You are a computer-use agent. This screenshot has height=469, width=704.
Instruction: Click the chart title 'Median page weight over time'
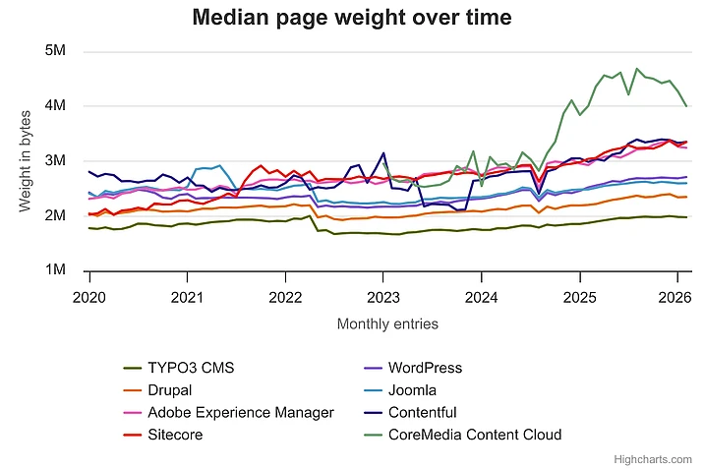point(352,17)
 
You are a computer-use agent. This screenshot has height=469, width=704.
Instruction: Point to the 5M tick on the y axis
point(57,50)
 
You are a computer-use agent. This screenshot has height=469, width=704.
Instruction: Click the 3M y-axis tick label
point(57,160)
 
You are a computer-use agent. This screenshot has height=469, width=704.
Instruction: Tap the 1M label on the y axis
point(57,270)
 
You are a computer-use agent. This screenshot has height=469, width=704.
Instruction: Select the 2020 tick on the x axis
point(89,296)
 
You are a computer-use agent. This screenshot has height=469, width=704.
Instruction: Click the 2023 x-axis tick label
point(383,296)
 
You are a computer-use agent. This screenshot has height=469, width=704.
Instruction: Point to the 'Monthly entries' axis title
point(387,323)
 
